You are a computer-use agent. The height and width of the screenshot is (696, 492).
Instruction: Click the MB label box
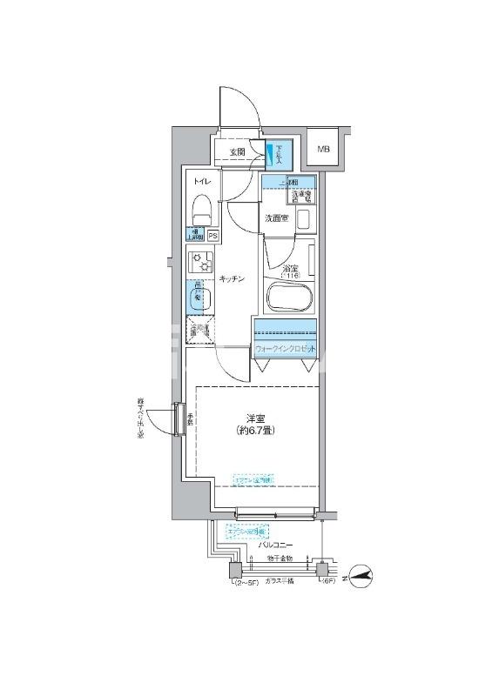pos(324,150)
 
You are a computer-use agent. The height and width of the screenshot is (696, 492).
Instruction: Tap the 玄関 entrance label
pos(237,152)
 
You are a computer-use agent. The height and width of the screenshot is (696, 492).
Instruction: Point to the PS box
pos(212,234)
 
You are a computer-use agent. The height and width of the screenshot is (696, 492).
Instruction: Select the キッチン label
pos(231,278)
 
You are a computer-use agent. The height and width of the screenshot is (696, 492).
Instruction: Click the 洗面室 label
pos(277,218)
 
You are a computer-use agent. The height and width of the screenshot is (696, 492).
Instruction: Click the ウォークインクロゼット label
pos(285,350)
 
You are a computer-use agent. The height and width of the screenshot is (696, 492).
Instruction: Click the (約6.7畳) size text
pos(255,431)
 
